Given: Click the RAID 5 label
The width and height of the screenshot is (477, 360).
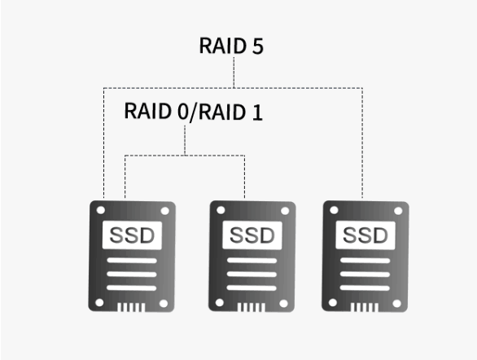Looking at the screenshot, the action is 231,46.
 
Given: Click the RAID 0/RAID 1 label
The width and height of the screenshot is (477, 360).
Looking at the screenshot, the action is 194,112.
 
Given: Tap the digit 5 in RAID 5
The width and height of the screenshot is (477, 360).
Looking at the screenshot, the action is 258,46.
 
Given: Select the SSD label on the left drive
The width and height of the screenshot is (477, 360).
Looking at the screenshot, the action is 132,235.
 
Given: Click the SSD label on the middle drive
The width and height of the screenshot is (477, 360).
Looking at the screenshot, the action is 252,235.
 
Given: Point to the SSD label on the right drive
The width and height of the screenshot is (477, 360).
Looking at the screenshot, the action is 365,235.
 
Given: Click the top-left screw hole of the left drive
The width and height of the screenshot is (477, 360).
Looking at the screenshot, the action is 101,210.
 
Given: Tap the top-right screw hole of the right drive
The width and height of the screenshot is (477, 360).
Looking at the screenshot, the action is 398,211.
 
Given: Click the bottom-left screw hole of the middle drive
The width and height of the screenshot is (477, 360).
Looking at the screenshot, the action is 220,303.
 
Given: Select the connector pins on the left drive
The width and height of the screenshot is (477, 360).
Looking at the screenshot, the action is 131,307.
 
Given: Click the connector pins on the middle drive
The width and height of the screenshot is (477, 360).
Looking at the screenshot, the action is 252,307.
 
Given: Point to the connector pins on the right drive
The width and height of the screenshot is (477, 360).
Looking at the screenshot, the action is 365,307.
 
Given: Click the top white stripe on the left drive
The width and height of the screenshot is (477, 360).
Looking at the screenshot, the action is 132,261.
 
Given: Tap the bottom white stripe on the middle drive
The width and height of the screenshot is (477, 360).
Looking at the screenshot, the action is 252,288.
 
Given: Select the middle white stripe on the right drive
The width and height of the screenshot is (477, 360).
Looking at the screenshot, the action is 365,274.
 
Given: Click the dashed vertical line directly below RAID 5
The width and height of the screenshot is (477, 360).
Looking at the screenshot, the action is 234,72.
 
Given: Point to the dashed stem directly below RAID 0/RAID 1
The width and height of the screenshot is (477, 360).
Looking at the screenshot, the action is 185,140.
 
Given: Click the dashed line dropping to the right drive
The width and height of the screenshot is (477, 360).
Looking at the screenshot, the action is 362,143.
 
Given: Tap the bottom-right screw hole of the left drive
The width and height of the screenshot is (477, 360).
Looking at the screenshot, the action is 164,303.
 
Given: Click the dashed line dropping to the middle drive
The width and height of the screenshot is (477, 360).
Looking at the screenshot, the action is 244,177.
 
